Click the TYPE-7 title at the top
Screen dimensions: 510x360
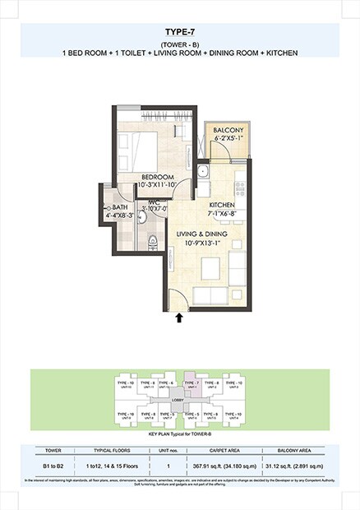(179, 30)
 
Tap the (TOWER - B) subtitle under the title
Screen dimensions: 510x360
(179, 44)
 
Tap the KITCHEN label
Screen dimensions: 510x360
(223, 205)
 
